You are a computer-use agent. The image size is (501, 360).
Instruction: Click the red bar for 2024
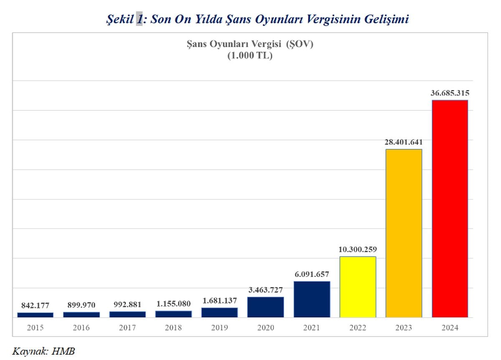pos(450,209)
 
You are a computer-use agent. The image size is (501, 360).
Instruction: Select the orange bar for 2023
pos(404,233)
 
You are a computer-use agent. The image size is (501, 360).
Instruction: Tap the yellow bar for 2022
pos(358,287)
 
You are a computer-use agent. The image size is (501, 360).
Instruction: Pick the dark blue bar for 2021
pos(312,299)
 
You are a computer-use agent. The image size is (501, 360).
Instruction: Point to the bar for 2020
pos(266,307)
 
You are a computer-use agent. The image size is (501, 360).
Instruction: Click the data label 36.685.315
pos(450,93)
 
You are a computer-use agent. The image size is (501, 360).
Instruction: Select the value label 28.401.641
pos(404,142)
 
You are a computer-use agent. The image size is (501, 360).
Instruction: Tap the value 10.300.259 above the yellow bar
pos(358,249)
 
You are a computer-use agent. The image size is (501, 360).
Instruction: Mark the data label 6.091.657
pos(312,274)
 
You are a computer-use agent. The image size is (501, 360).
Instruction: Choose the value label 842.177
pos(35,306)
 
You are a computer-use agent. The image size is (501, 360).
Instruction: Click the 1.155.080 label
pos(173,304)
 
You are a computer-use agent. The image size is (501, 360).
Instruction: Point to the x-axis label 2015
pos(35,328)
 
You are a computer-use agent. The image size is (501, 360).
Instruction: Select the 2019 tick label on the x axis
pos(220,328)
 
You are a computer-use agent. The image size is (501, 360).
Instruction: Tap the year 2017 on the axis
pos(127,328)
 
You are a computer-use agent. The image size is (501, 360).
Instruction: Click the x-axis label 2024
pos(450,328)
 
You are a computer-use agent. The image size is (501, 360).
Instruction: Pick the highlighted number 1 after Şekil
pos(139,19)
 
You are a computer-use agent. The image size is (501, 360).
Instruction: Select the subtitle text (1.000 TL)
pos(250,56)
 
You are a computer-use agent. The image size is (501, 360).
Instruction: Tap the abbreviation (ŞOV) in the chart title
pos(299,44)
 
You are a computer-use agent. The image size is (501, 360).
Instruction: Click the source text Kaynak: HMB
pos(43,351)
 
